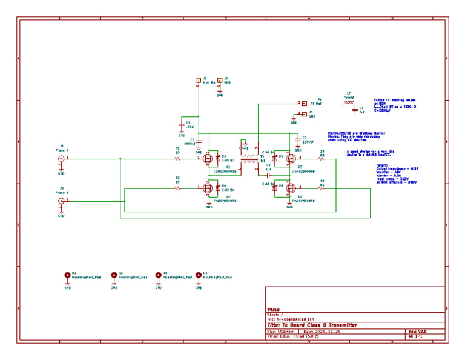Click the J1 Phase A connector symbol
[x=61, y=159]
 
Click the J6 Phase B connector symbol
[x=61, y=200]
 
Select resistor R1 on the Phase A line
[x=177, y=159]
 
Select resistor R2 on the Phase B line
[x=177, y=188]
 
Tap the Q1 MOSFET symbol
[x=208, y=159]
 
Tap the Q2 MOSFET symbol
[x=208, y=188]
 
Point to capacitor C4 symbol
[x=181, y=126]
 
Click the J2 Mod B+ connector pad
[x=198, y=80]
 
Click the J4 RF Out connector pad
[x=305, y=103]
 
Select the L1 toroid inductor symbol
[x=350, y=102]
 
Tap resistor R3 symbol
[x=322, y=159]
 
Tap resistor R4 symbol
[x=322, y=188]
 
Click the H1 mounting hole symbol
[x=67, y=275]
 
